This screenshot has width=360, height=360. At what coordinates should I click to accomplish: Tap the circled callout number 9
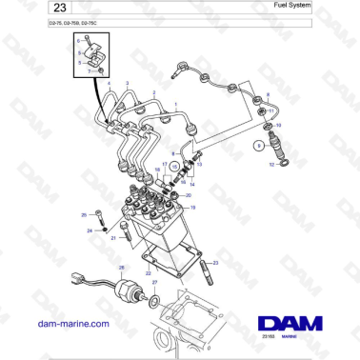tap(255, 146)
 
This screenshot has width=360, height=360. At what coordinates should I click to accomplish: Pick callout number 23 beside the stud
tap(216, 263)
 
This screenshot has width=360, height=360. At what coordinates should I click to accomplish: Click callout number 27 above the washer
tap(155, 282)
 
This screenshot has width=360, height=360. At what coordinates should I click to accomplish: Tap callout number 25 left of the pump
tap(84, 215)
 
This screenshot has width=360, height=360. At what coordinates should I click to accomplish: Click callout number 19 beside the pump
tap(194, 208)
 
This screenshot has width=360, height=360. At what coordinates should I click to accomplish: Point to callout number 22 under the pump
tap(150, 272)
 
